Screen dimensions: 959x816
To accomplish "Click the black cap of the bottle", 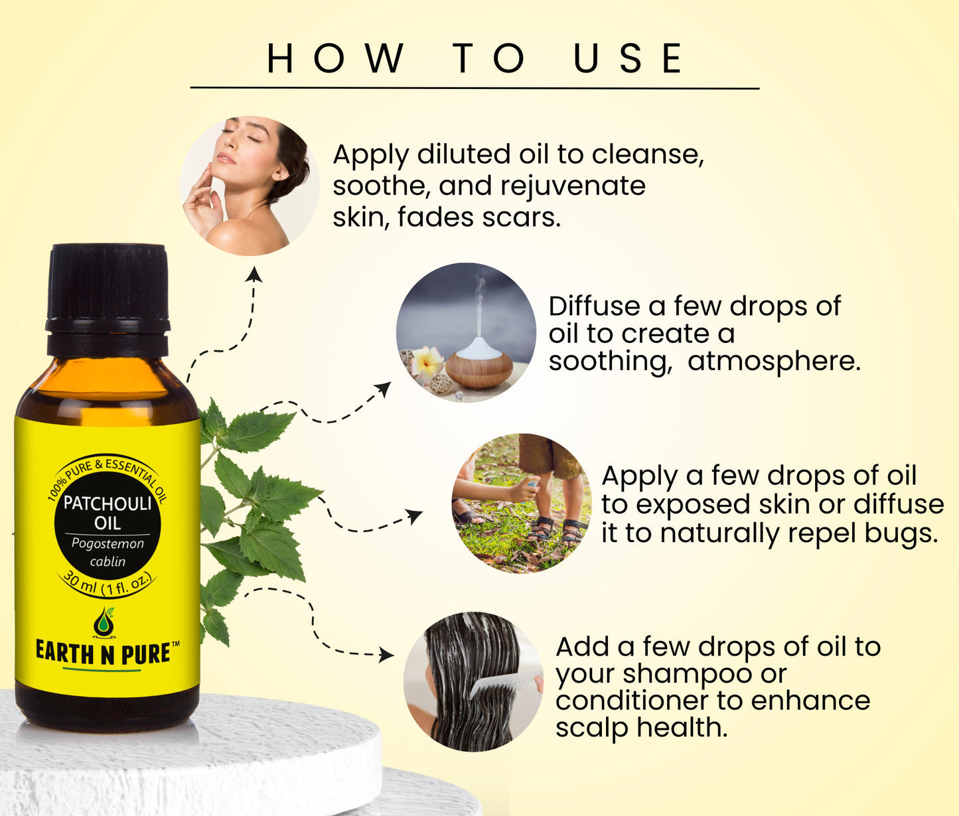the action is coord(108,301).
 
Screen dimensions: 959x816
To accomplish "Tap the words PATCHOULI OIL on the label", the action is coord(108,513).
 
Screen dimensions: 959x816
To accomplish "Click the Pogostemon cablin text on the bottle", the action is coord(108,552).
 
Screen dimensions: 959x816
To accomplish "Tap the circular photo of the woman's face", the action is coord(250,186).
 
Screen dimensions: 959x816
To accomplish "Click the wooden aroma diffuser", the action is coord(479,362).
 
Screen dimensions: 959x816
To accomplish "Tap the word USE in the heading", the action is coord(628,58).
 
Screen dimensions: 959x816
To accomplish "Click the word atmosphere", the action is coord(774,361).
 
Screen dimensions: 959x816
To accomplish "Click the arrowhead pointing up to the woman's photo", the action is coord(254,274).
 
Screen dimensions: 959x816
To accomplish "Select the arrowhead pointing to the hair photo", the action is coord(386,655).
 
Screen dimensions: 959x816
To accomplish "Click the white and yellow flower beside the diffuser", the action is coord(427,362).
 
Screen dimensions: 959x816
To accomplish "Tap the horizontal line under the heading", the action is coord(475,88).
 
